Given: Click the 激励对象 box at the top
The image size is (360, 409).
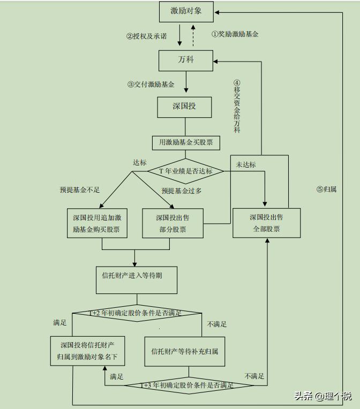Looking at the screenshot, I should [186, 11].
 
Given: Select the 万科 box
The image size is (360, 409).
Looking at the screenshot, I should [186, 60].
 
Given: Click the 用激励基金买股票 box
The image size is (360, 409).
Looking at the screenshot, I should [186, 142].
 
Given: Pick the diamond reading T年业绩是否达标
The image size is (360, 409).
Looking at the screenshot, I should [186, 171].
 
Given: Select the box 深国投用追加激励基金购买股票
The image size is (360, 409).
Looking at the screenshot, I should [97, 223].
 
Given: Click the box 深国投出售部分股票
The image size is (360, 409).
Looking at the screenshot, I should [172, 223].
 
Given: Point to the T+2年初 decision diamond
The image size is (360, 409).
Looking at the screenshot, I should [137, 313].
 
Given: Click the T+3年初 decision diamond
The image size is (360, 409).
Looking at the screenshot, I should [188, 385].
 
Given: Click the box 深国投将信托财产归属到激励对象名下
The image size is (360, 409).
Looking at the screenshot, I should [88, 351].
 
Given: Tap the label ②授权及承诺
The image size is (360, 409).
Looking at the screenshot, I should [146, 36].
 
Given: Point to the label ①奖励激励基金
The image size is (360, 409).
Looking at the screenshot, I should [235, 34].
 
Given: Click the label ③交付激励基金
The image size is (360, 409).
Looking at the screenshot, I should [151, 84].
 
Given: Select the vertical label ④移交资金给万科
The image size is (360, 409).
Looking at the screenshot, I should [237, 107].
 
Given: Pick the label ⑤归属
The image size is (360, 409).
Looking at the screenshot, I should [326, 189].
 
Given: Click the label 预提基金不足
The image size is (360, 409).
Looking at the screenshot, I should [80, 190].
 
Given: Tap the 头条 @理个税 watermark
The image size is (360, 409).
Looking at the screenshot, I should [322, 396].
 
